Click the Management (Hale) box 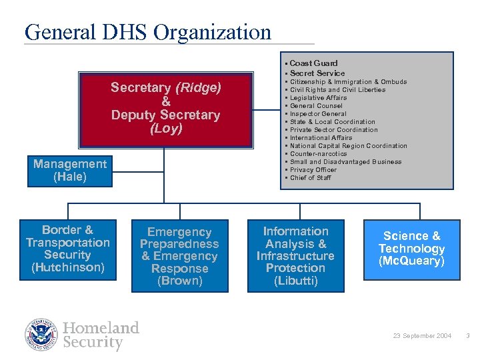click(x=70, y=171)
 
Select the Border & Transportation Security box click(x=67, y=249)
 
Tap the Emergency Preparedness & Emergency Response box click(x=179, y=256)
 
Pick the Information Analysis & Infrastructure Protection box click(x=295, y=256)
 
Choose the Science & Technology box click(x=411, y=249)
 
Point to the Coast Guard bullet click(x=313, y=63)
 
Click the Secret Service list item click(x=317, y=73)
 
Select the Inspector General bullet click(x=318, y=114)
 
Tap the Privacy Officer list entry click(x=315, y=170)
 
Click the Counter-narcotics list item click(x=319, y=154)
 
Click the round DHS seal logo click(x=42, y=335)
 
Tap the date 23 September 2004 click(x=423, y=336)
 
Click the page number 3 click(x=467, y=336)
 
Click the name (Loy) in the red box click(x=166, y=129)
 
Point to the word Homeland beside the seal click(x=101, y=327)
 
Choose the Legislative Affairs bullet click(x=318, y=98)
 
